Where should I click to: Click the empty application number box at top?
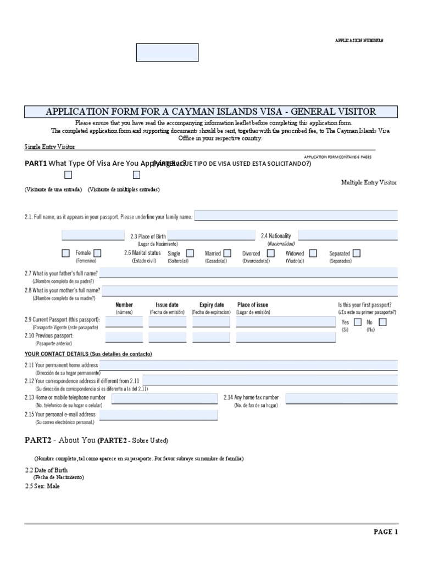pos(167,53)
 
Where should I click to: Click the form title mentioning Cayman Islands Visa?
pos(211,111)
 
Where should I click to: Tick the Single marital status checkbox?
pos(190,253)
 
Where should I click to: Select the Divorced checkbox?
pos(270,253)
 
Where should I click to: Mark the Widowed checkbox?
pos(313,253)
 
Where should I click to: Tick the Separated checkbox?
pos(357,253)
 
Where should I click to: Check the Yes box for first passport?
pos(358,322)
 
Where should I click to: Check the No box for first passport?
pos(382,322)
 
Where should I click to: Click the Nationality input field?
pos(347,235)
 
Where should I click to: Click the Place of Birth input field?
pos(212,235)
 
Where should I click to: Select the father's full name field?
pos(248,273)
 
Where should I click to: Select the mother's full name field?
pos(249,290)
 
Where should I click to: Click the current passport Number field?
pos(124,322)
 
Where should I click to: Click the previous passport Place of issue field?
pos(285,337)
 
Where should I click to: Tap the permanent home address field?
pos(248,365)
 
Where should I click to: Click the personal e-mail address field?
pos(158,415)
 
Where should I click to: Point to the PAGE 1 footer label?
pos(386,532)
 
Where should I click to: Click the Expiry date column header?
pos(212,305)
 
